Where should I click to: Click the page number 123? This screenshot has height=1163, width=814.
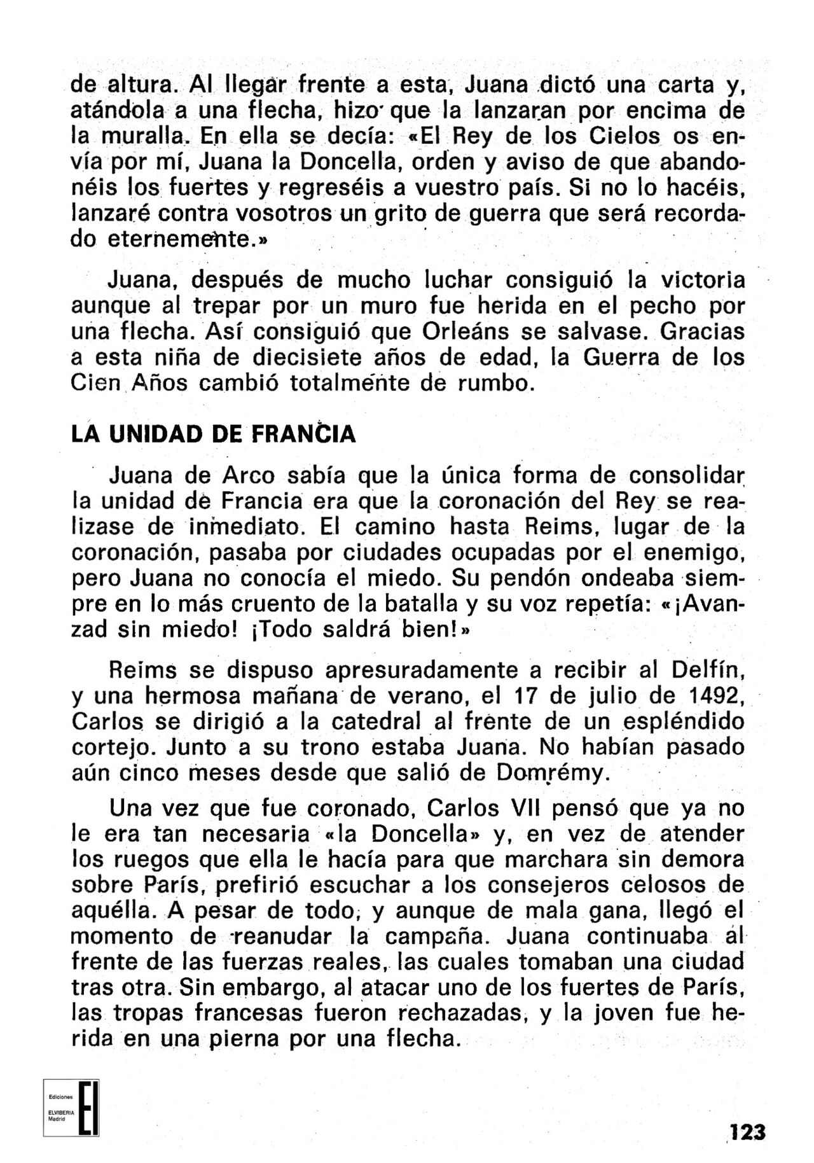pos(747,1132)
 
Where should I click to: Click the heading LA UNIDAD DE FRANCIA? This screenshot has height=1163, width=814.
pos(213,434)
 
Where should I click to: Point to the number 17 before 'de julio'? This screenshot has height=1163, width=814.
pos(526,695)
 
